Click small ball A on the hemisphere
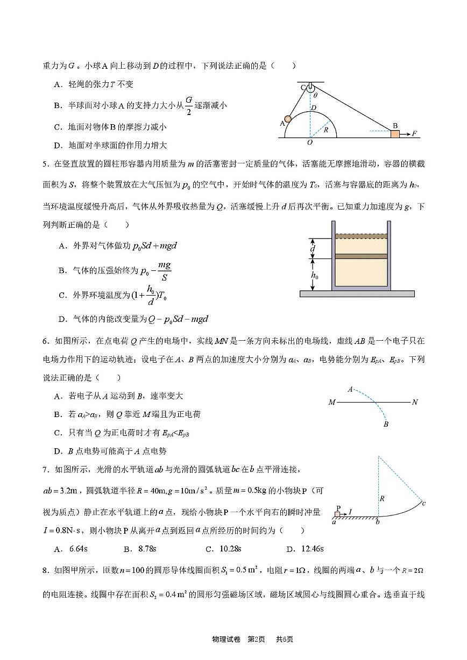coord(288,119)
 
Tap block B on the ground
coord(395,133)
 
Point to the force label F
coord(415,133)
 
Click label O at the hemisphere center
coord(309,142)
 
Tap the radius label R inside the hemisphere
coord(325,130)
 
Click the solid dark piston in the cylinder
coord(360,257)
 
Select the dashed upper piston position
coord(360,236)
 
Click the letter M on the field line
coord(331,402)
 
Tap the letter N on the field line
coord(415,402)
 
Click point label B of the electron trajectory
coord(386,425)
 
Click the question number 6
coord(45,341)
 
